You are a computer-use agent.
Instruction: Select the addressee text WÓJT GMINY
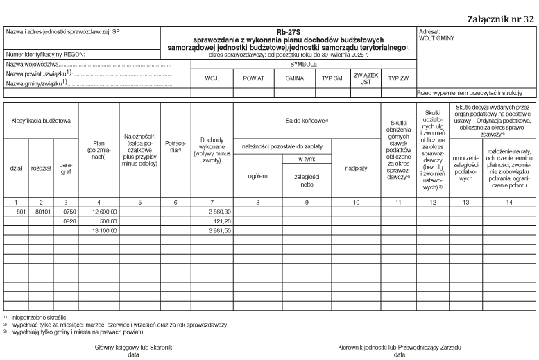[437, 39]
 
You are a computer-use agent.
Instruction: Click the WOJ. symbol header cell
[212, 78]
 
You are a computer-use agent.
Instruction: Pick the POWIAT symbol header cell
[254, 78]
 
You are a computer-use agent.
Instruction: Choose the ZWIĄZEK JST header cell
[365, 78]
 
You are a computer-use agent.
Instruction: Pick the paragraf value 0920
[68, 221]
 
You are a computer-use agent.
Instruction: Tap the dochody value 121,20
[221, 221]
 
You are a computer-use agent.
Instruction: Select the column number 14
[509, 201]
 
